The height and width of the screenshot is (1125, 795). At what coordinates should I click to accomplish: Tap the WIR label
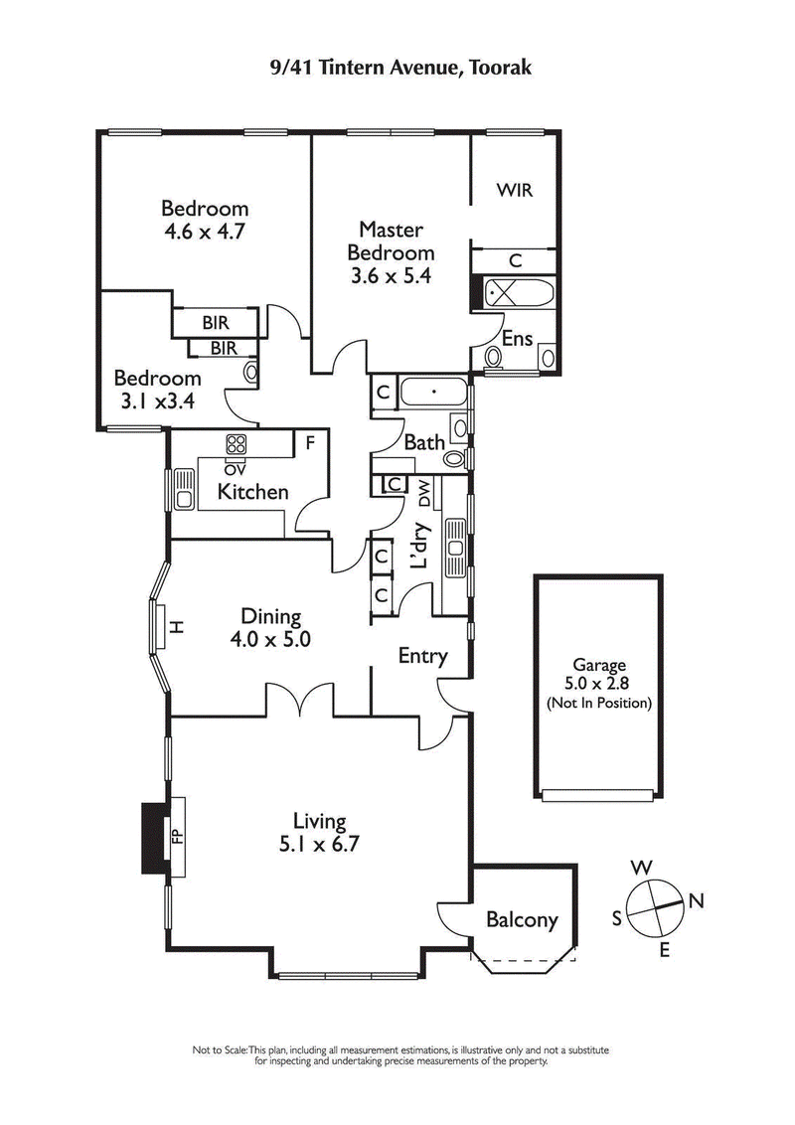[515, 189]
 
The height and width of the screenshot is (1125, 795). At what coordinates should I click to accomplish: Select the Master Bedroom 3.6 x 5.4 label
[392, 253]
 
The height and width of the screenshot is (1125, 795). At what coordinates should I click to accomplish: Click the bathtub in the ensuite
[518, 294]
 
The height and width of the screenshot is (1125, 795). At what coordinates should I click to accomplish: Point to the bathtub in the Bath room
[432, 394]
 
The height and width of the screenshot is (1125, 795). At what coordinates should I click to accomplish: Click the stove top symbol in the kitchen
[237, 443]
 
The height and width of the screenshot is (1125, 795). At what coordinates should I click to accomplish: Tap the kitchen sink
[184, 488]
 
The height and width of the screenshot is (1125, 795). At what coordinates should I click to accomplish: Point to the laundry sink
[455, 547]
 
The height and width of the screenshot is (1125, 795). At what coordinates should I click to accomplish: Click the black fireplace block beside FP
[154, 837]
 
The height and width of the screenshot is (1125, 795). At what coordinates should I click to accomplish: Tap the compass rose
[651, 900]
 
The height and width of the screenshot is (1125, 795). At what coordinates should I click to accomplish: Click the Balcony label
[522, 920]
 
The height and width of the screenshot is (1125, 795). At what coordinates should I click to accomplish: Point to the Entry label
[422, 656]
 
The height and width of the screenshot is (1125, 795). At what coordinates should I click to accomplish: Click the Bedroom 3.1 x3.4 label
[157, 390]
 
